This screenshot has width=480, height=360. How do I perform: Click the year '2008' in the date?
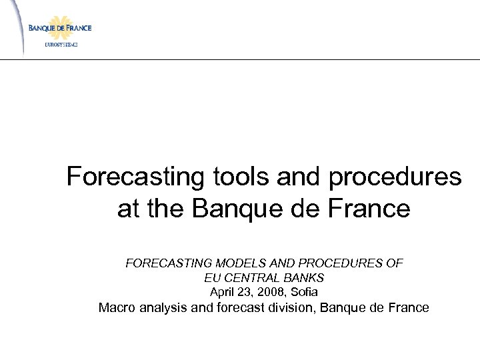(x=269, y=291)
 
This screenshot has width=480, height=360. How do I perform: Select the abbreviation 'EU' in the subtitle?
(x=212, y=277)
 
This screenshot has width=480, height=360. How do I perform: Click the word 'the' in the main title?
(x=167, y=209)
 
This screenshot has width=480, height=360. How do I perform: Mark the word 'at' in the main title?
(x=129, y=209)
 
